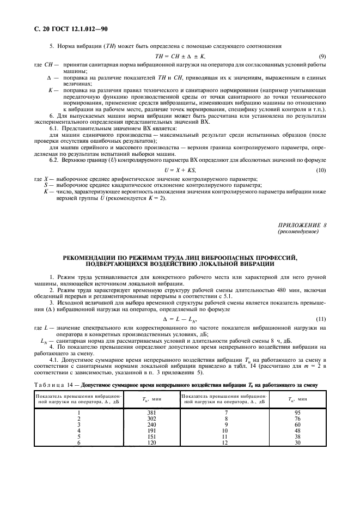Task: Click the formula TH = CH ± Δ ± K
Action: pyautogui.click(x=179, y=57)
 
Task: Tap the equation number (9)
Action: pyautogui.click(x=322, y=57)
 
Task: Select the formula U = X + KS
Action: pyautogui.click(x=179, y=171)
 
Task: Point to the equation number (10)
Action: pyautogui.click(x=321, y=171)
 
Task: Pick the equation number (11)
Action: pyautogui.click(x=321, y=318)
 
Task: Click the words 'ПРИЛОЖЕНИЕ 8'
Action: pyautogui.click(x=303, y=225)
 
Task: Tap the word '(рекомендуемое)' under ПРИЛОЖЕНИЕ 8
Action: pyautogui.click(x=299, y=232)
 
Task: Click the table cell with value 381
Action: pyautogui.click(x=151, y=412)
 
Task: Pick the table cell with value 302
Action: pyautogui.click(x=151, y=418)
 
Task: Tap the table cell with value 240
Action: pyautogui.click(x=151, y=424)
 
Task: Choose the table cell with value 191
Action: pyautogui.click(x=151, y=430)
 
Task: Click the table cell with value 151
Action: pyautogui.click(x=151, y=436)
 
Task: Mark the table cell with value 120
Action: pyautogui.click(x=151, y=442)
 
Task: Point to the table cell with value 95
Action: pyautogui.click(x=297, y=412)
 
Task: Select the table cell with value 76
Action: pyautogui.click(x=297, y=418)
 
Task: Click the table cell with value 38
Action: pyautogui.click(x=297, y=436)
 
